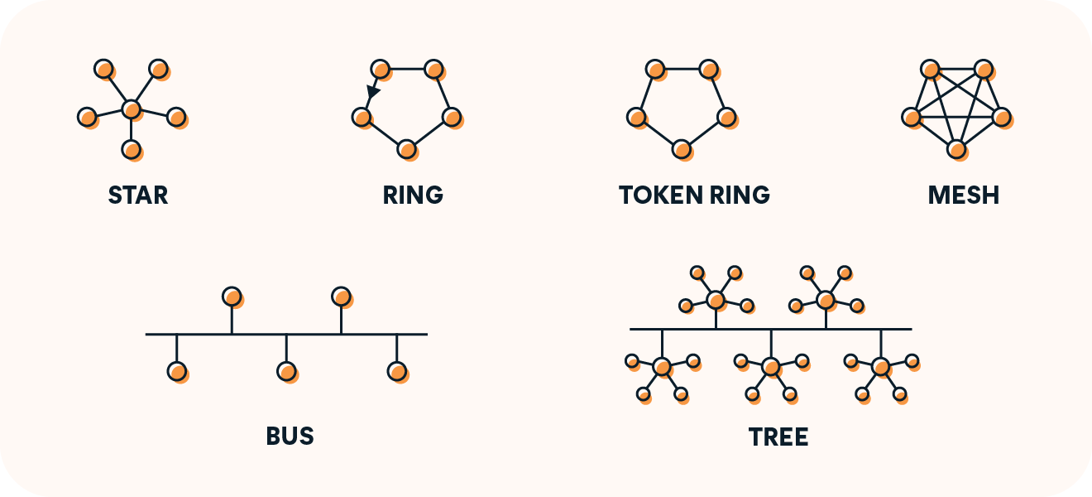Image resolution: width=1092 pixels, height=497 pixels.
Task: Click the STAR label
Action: tap(138, 195)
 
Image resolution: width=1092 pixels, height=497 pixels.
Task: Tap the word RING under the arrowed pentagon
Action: tap(413, 195)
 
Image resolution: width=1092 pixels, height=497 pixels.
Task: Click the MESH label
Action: tap(964, 195)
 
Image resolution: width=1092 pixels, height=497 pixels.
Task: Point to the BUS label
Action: tap(290, 436)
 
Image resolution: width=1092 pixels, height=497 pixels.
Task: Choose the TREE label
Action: tap(778, 437)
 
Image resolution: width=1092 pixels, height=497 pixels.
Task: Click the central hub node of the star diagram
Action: tap(131, 109)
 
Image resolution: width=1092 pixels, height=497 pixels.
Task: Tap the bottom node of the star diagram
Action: tap(131, 149)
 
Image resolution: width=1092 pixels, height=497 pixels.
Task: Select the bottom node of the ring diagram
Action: tap(405, 148)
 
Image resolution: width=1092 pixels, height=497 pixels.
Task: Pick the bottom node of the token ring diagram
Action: tap(680, 148)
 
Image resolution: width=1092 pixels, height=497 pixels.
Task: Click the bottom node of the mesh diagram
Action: tap(955, 149)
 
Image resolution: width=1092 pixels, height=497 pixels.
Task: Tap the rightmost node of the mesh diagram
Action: tap(1001, 117)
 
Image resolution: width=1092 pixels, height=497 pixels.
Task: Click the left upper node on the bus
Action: tap(232, 296)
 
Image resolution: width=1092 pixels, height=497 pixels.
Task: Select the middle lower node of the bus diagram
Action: tap(286, 371)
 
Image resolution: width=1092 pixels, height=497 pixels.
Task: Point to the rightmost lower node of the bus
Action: tap(396, 371)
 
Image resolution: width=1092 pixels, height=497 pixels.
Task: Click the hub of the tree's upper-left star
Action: tap(716, 299)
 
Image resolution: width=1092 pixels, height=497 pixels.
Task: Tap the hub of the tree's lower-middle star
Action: tap(771, 365)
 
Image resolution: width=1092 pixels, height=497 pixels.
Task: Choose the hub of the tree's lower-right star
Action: tap(880, 365)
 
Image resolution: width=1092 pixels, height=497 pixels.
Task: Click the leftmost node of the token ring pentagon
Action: tap(635, 117)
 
